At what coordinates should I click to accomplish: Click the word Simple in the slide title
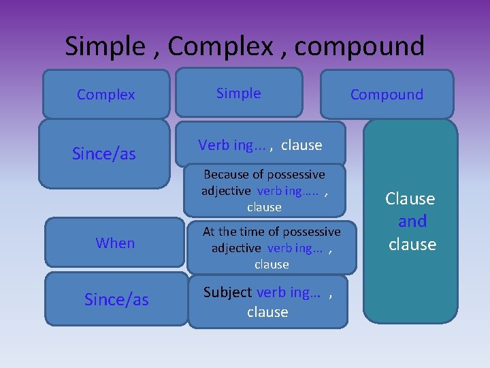click(x=103, y=46)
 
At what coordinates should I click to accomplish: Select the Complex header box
click(x=106, y=95)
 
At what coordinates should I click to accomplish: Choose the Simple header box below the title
click(x=239, y=93)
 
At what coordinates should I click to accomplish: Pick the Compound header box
click(x=387, y=95)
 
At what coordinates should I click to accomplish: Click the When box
click(x=116, y=243)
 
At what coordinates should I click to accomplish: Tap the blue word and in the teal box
click(x=412, y=221)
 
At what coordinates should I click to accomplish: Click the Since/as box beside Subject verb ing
click(x=116, y=300)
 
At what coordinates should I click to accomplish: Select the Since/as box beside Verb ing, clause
click(x=104, y=154)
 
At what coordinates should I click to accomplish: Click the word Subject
click(x=227, y=292)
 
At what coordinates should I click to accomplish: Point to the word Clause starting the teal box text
click(x=410, y=199)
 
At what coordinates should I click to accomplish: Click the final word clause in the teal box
click(x=412, y=244)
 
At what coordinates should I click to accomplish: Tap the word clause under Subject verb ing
click(x=267, y=312)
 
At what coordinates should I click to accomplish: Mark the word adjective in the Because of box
click(x=226, y=191)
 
